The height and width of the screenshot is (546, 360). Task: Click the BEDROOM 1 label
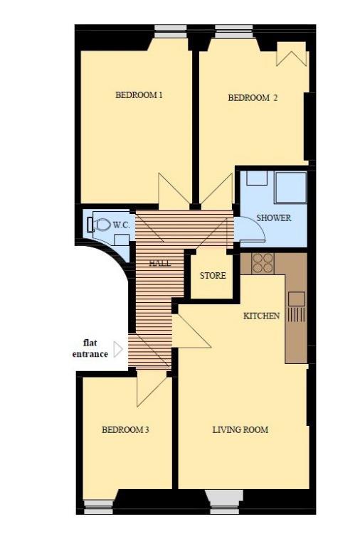coord(139,95)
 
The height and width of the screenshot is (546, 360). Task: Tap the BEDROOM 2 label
coord(253,98)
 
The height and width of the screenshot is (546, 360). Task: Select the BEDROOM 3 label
coord(125,430)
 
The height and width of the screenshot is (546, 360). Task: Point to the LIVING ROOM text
coord(240,430)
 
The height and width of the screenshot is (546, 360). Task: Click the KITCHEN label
coord(261,316)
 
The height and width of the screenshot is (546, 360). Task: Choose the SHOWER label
coord(274,218)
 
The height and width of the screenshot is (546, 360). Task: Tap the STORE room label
coord(213,276)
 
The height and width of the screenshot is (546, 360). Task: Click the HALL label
coord(160,263)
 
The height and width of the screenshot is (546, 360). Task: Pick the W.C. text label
coord(121,225)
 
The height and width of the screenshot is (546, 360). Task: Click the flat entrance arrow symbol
coord(119,349)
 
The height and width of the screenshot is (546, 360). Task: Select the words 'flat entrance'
coord(90,349)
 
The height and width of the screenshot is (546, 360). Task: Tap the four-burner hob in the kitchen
coord(263,263)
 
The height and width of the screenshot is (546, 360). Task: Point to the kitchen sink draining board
coord(297,314)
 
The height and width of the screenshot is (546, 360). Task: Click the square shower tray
coord(291,188)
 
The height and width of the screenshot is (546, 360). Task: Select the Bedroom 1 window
coord(170,31)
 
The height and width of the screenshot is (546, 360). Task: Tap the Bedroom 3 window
coord(100,507)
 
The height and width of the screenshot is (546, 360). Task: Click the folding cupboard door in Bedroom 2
coord(292,55)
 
